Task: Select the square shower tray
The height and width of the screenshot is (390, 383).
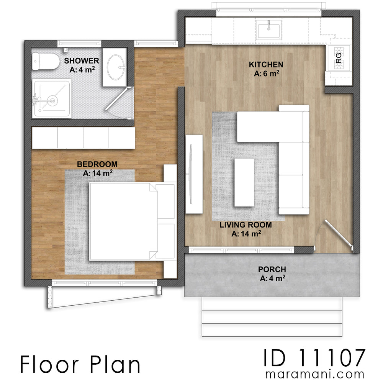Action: [51, 98]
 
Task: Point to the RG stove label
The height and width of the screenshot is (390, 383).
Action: [338, 58]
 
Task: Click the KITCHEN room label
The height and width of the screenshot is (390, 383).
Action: [266, 64]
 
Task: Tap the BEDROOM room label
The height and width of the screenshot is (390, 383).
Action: [97, 164]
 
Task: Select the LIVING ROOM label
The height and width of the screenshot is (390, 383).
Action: [246, 225]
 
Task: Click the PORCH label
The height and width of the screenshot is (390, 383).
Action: [272, 269]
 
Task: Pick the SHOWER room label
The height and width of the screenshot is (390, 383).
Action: [82, 61]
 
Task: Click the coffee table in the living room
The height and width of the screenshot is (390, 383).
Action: [244, 182]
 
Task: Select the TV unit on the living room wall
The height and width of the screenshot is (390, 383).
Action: [194, 174]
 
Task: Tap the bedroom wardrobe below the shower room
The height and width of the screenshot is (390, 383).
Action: [83, 138]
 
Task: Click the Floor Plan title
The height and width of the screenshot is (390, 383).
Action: [80, 365]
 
